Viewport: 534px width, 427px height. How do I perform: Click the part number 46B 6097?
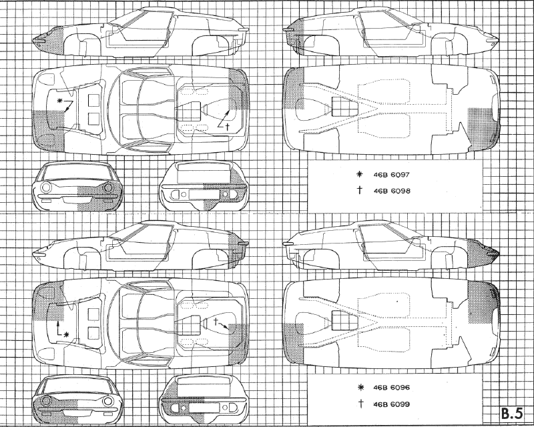(x=392, y=175)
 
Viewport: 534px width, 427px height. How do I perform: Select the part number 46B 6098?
(x=392, y=191)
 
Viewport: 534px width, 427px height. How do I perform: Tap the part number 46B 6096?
(x=391, y=388)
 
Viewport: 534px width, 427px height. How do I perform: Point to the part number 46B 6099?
(x=391, y=404)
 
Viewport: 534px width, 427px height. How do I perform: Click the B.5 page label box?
(x=512, y=414)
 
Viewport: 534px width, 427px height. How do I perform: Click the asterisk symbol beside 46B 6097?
(x=358, y=175)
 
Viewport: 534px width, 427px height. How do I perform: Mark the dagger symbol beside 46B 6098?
(x=360, y=190)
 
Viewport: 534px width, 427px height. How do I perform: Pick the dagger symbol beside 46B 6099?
(x=360, y=404)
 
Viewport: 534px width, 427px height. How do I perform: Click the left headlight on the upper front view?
(x=45, y=187)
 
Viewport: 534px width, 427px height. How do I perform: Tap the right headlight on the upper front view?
(x=109, y=187)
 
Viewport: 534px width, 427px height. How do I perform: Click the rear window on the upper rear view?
(x=203, y=170)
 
